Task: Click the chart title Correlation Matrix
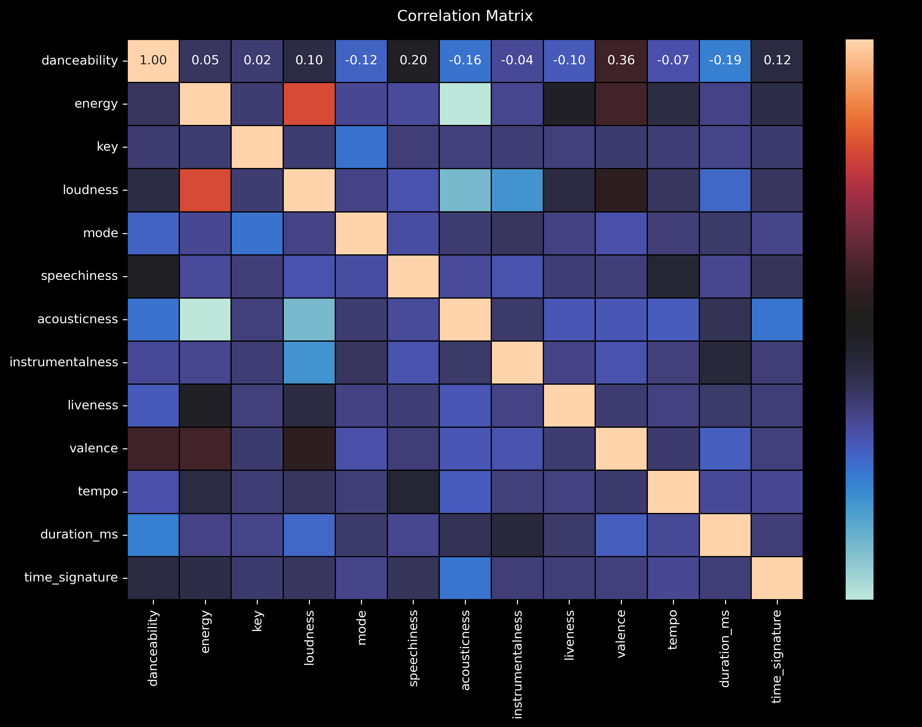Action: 465,16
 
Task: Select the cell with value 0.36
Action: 621,60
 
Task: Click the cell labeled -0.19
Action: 725,60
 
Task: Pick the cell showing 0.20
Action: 413,60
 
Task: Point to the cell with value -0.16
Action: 465,60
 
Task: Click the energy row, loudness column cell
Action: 309,104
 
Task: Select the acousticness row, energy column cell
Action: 205,319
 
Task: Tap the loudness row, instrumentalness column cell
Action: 517,190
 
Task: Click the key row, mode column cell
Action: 361,147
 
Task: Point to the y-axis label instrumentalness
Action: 64,362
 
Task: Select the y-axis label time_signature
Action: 71,578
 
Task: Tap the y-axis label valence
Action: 94,448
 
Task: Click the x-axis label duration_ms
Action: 725,648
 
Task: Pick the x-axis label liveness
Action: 569,635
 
